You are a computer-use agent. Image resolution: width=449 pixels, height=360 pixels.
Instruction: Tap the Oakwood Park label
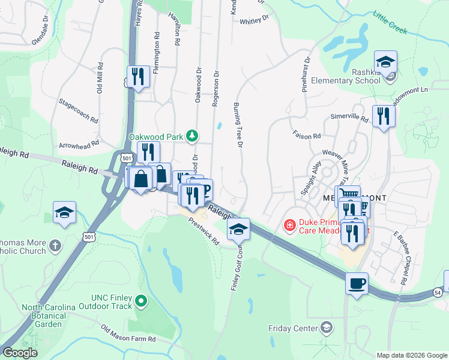[x=155, y=137]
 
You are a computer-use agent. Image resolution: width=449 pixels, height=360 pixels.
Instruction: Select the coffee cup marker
[x=357, y=283]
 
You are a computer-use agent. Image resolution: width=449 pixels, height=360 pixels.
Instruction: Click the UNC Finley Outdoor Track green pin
[x=141, y=301]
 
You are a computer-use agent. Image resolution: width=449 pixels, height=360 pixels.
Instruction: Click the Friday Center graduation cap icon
[x=326, y=328]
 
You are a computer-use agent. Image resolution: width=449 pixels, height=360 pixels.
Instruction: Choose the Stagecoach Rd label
[x=79, y=111]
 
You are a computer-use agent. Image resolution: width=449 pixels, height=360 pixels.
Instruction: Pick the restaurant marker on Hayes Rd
[x=138, y=76]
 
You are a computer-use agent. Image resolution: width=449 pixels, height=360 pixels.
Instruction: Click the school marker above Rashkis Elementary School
[x=385, y=62]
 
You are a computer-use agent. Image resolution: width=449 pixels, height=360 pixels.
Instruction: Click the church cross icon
[x=55, y=245]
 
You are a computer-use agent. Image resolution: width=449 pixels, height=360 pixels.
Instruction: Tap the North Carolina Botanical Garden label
[x=49, y=316]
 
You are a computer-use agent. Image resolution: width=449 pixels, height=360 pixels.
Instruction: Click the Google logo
[x=20, y=353]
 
